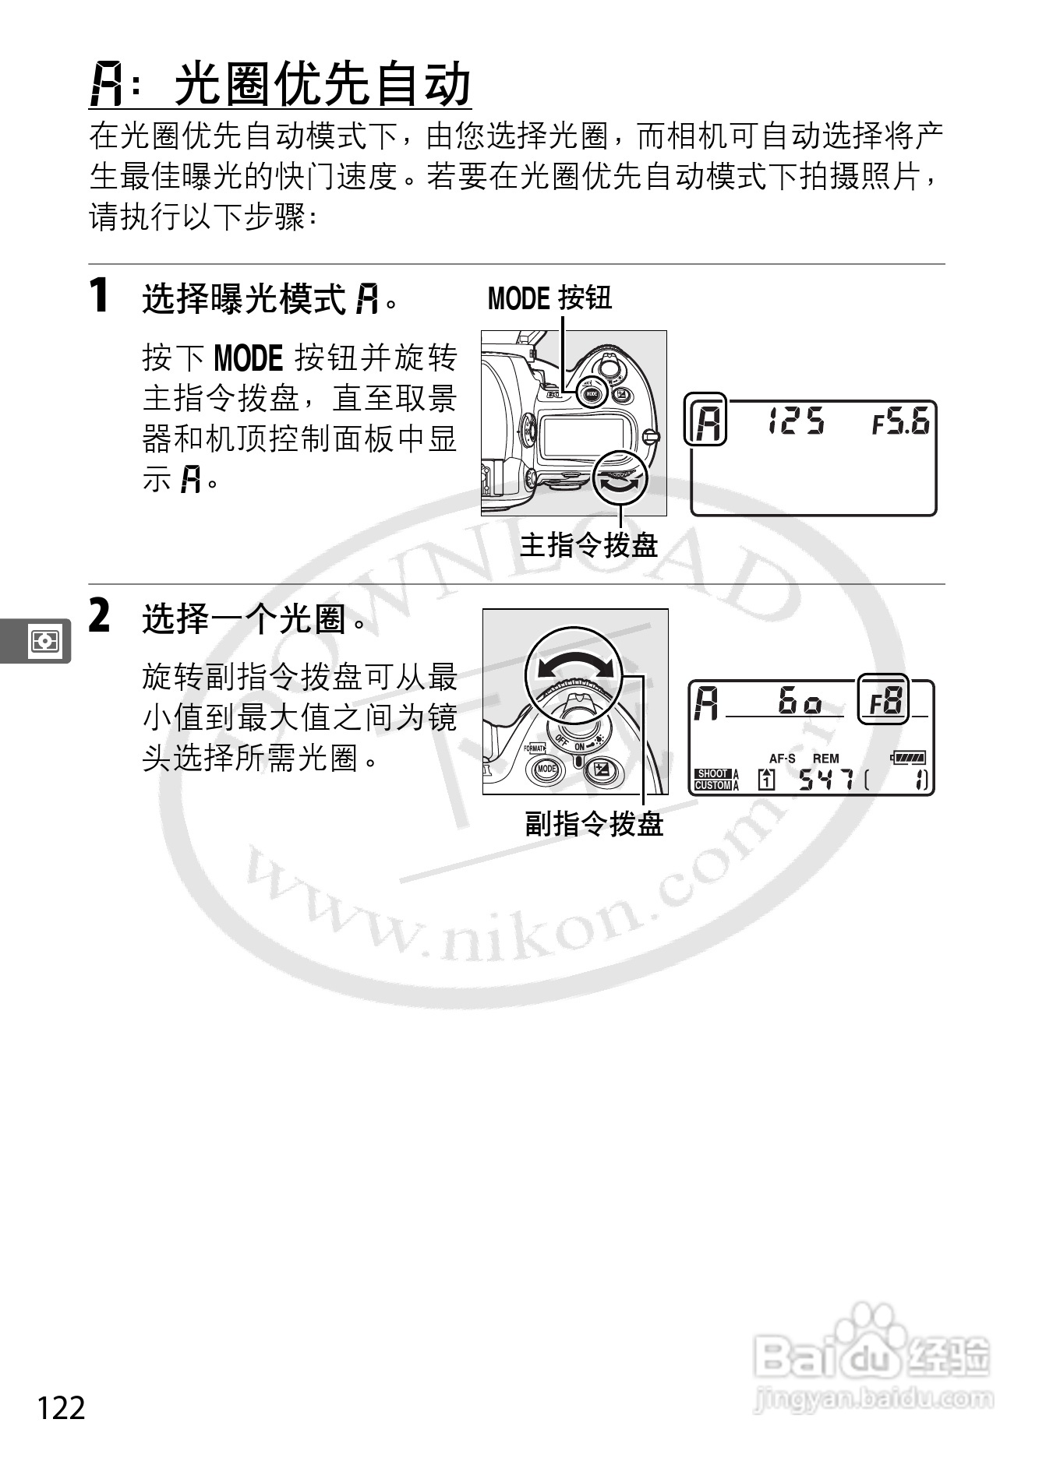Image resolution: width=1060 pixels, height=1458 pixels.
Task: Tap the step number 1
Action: point(98,296)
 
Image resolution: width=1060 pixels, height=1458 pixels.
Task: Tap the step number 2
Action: point(99,616)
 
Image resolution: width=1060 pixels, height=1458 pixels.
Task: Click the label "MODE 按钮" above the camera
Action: point(549,298)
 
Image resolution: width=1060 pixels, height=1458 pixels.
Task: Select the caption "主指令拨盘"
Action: point(588,545)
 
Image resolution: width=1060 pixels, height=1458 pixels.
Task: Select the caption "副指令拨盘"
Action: point(594,823)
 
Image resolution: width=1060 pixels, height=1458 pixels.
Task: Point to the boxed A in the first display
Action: point(706,421)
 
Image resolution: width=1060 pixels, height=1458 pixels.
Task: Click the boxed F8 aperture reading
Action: point(884,699)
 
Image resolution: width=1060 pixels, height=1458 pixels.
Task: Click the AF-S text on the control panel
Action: point(782,758)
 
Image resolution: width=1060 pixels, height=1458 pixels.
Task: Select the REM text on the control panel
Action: point(826,758)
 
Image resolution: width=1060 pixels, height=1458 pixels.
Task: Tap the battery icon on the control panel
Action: point(908,756)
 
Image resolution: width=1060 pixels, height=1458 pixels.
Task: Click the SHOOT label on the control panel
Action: point(712,773)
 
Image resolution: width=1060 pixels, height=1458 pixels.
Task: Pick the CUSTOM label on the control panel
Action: point(712,785)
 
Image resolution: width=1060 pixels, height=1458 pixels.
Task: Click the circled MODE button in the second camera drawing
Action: point(546,769)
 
